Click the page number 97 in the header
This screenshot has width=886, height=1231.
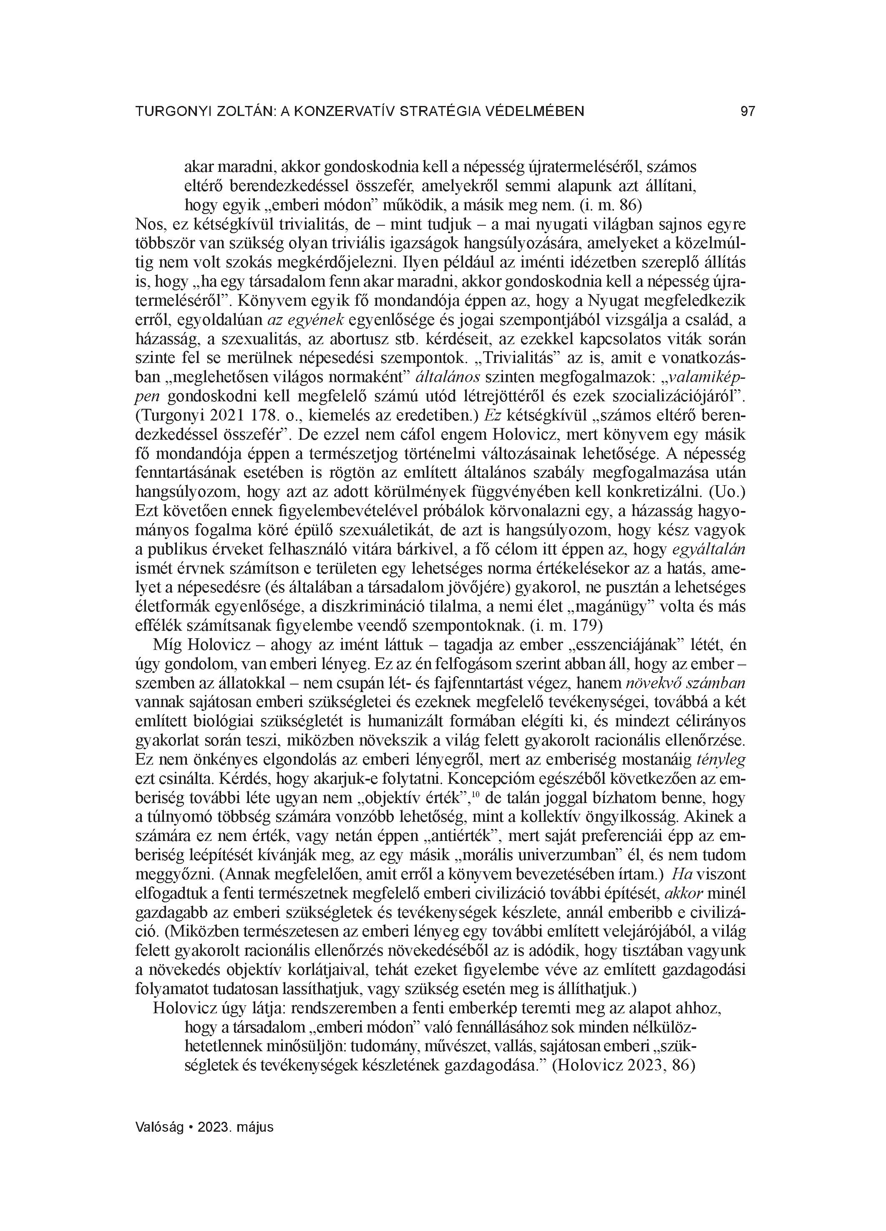[x=748, y=112]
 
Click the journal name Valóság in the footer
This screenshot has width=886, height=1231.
[x=158, y=1127]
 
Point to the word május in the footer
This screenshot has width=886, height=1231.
[x=255, y=1127]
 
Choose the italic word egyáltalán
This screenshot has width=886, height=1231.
[x=708, y=549]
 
